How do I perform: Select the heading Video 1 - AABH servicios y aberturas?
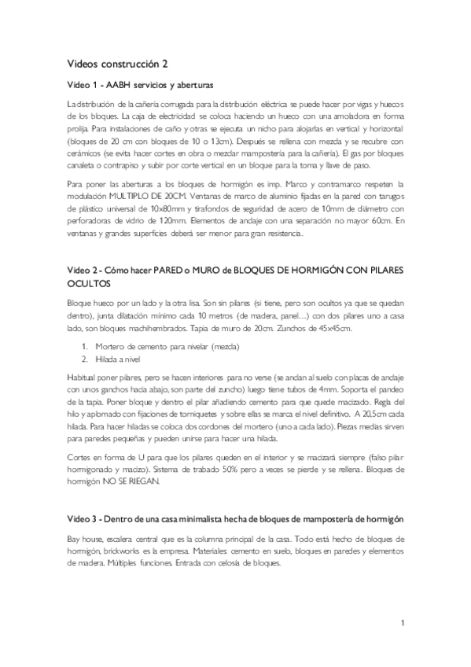point(140,85)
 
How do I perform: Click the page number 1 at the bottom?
point(402,624)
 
